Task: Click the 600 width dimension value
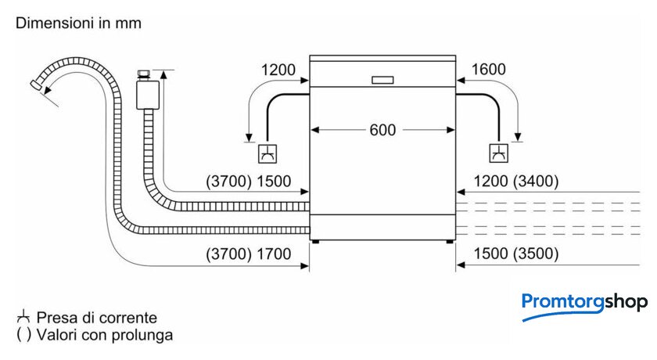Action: point(382,130)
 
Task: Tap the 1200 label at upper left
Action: point(279,70)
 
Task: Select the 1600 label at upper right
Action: point(489,70)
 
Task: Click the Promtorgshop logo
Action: point(583,303)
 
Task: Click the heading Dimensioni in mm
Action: point(78,23)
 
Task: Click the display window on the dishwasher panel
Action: point(382,80)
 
